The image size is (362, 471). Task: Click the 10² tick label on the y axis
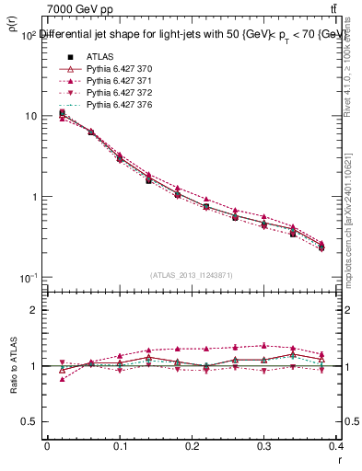click(28, 36)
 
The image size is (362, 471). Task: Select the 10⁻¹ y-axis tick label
click(28, 278)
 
